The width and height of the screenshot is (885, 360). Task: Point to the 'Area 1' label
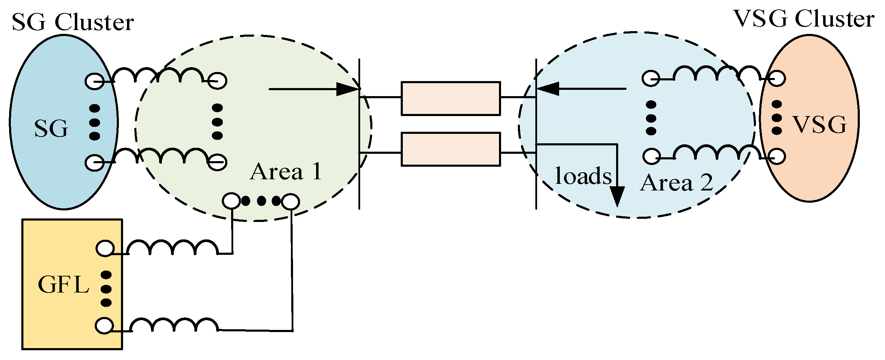286,172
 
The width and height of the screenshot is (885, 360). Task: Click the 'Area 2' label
676,183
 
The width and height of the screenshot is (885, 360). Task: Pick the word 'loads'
583,176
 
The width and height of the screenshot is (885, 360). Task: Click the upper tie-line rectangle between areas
450,99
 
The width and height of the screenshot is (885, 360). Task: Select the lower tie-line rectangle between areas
450,149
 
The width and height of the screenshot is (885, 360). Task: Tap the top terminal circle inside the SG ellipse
94,81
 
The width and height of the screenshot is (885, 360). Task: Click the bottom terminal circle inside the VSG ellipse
776,156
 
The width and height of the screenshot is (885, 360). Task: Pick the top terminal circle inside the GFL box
105,249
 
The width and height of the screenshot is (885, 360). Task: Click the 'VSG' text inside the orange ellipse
820,125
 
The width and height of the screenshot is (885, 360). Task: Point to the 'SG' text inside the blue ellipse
51,129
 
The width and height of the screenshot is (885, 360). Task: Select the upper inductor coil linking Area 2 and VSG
717,74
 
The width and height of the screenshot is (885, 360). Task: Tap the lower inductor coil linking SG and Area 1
162,156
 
